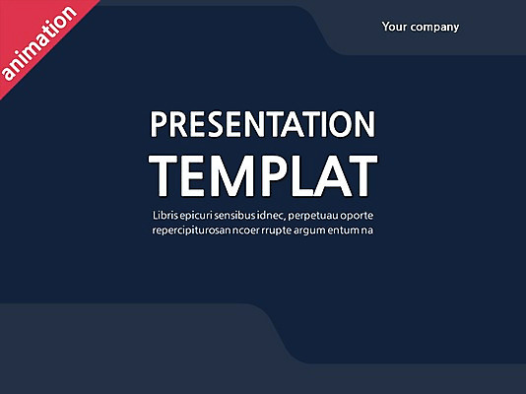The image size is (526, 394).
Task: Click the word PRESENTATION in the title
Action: click(x=263, y=126)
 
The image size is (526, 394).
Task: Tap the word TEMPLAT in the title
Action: click(x=263, y=175)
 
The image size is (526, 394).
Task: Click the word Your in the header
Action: click(x=395, y=27)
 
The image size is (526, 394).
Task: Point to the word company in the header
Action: click(x=435, y=28)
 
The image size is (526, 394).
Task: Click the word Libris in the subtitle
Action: click(x=168, y=215)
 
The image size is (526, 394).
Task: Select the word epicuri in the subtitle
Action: click(x=207, y=216)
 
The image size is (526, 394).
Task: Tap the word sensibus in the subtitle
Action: click(x=254, y=215)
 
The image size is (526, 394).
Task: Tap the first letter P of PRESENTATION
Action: click(x=161, y=126)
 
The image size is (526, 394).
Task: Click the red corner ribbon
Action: click(x=30, y=30)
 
